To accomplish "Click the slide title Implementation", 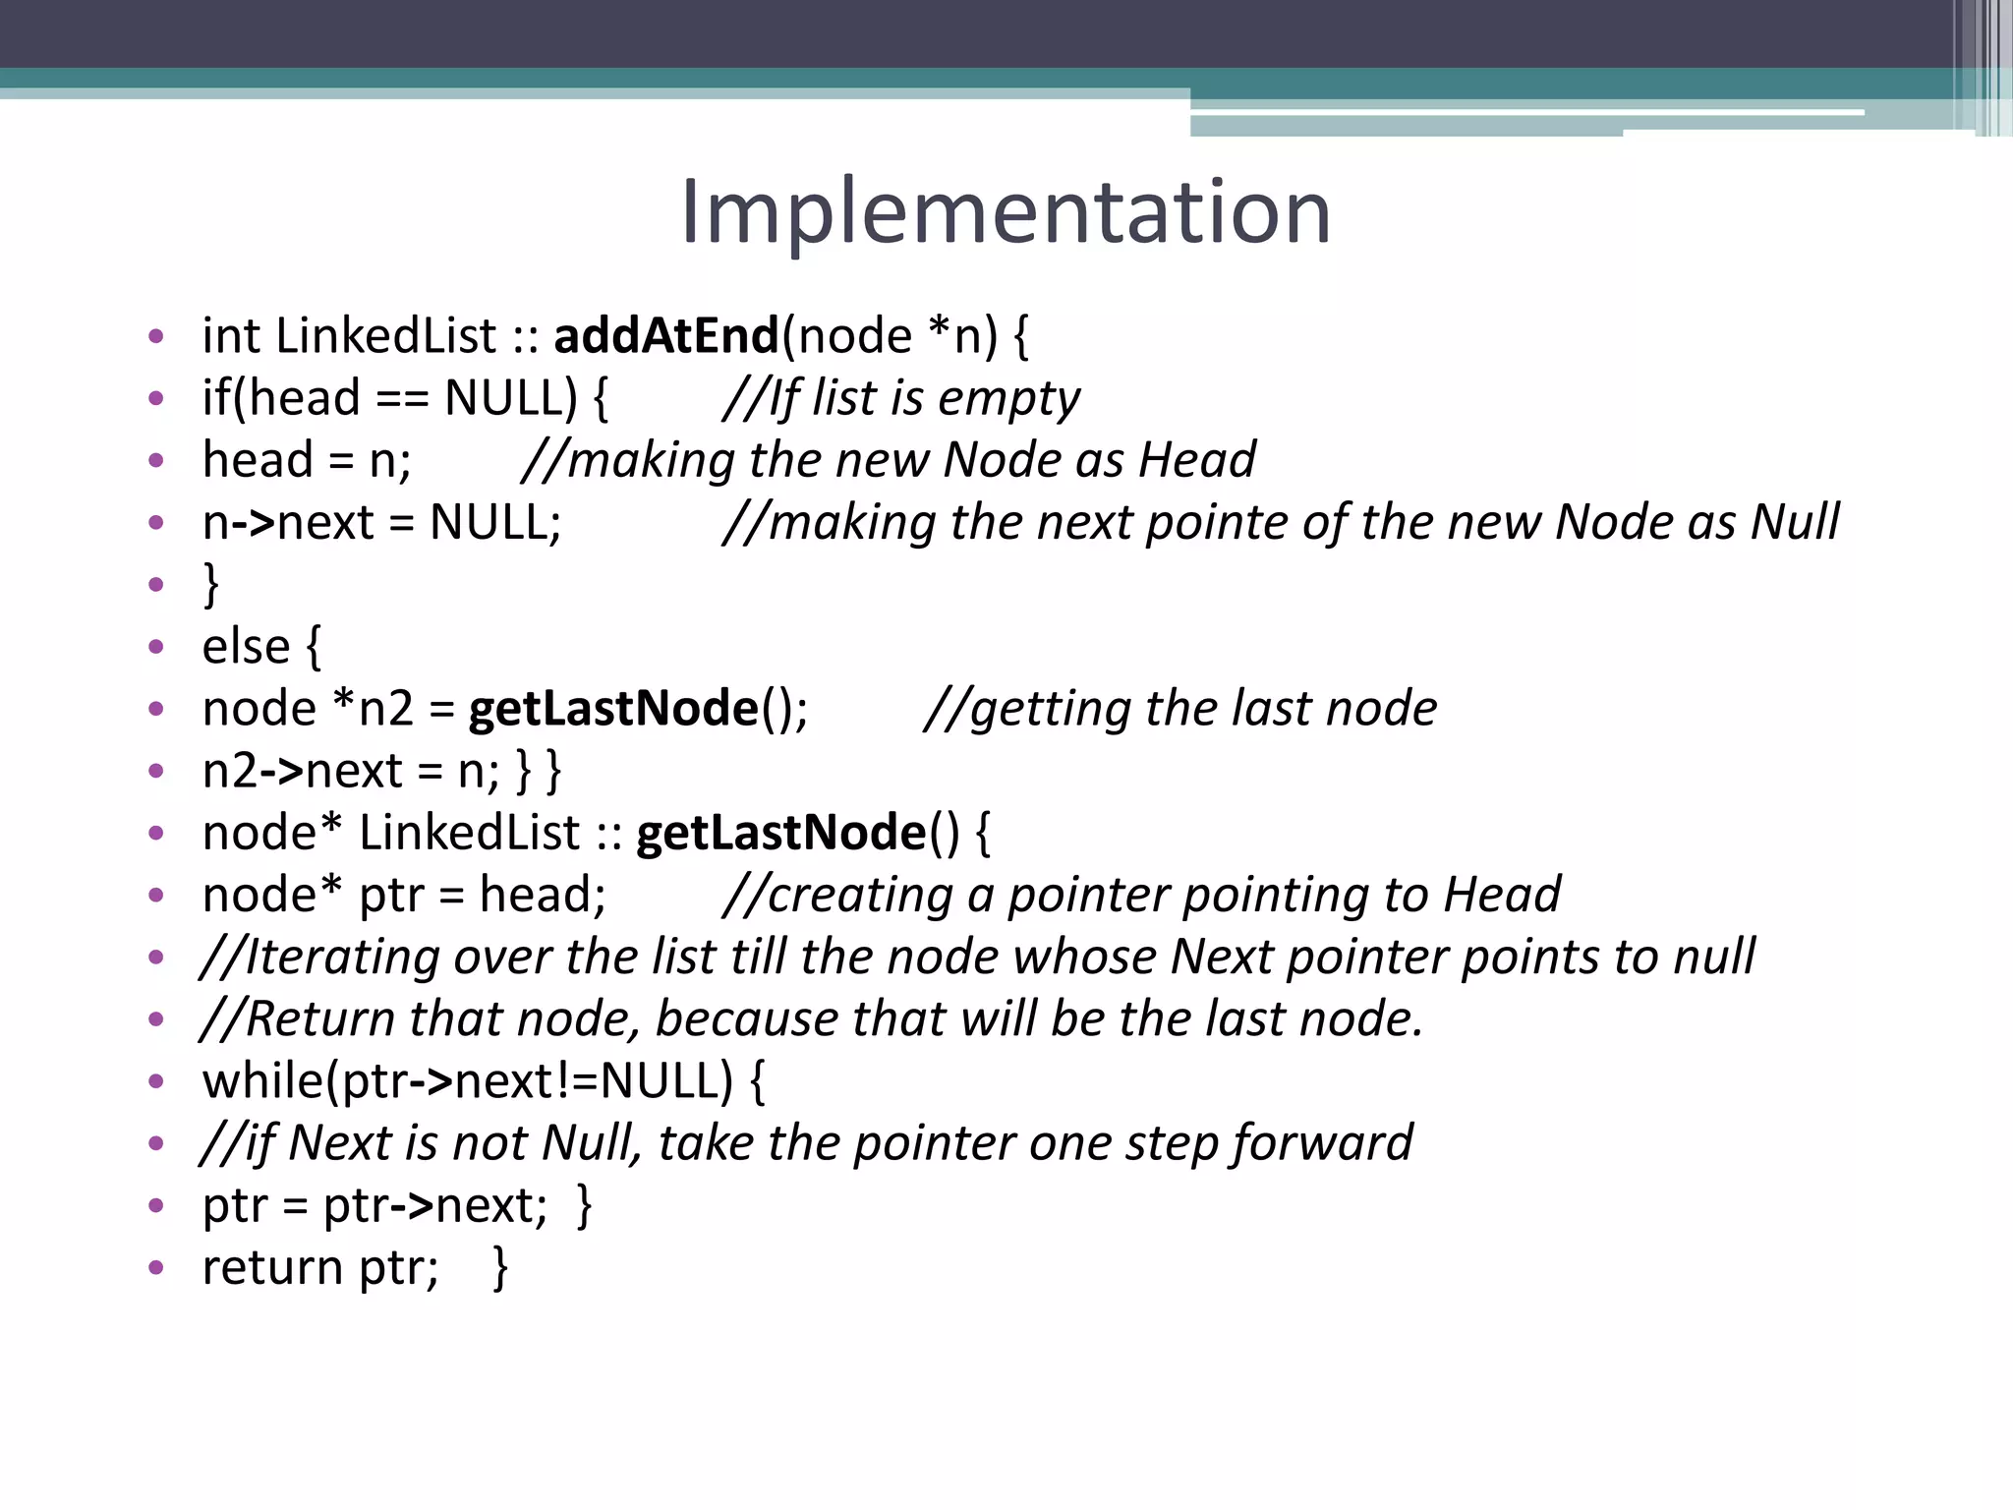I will pos(1006,212).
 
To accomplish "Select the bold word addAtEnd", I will pos(666,336).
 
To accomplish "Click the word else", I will pos(246,647).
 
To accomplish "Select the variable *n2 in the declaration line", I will pos(374,709).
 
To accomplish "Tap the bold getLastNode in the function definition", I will pos(781,833).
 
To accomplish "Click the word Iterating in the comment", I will pos(340,957).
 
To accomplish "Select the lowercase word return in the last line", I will pos(271,1267).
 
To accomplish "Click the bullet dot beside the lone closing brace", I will pos(155,585).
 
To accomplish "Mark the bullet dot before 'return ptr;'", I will pos(155,1268).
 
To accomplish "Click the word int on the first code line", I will pos(230,336).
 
